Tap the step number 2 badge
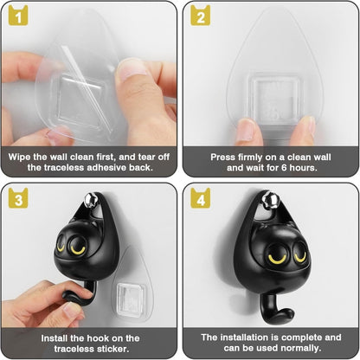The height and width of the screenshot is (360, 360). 200,16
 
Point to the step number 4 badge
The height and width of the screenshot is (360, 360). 200,197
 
